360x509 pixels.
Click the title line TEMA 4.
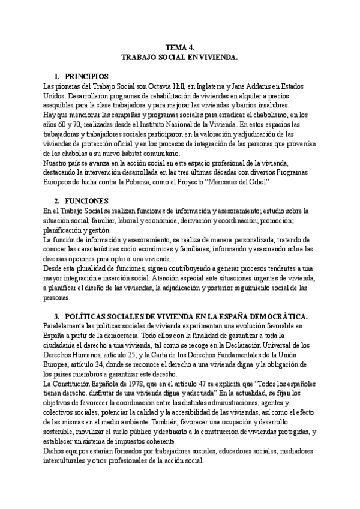click(x=179, y=47)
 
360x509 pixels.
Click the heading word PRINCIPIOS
click(x=86, y=77)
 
